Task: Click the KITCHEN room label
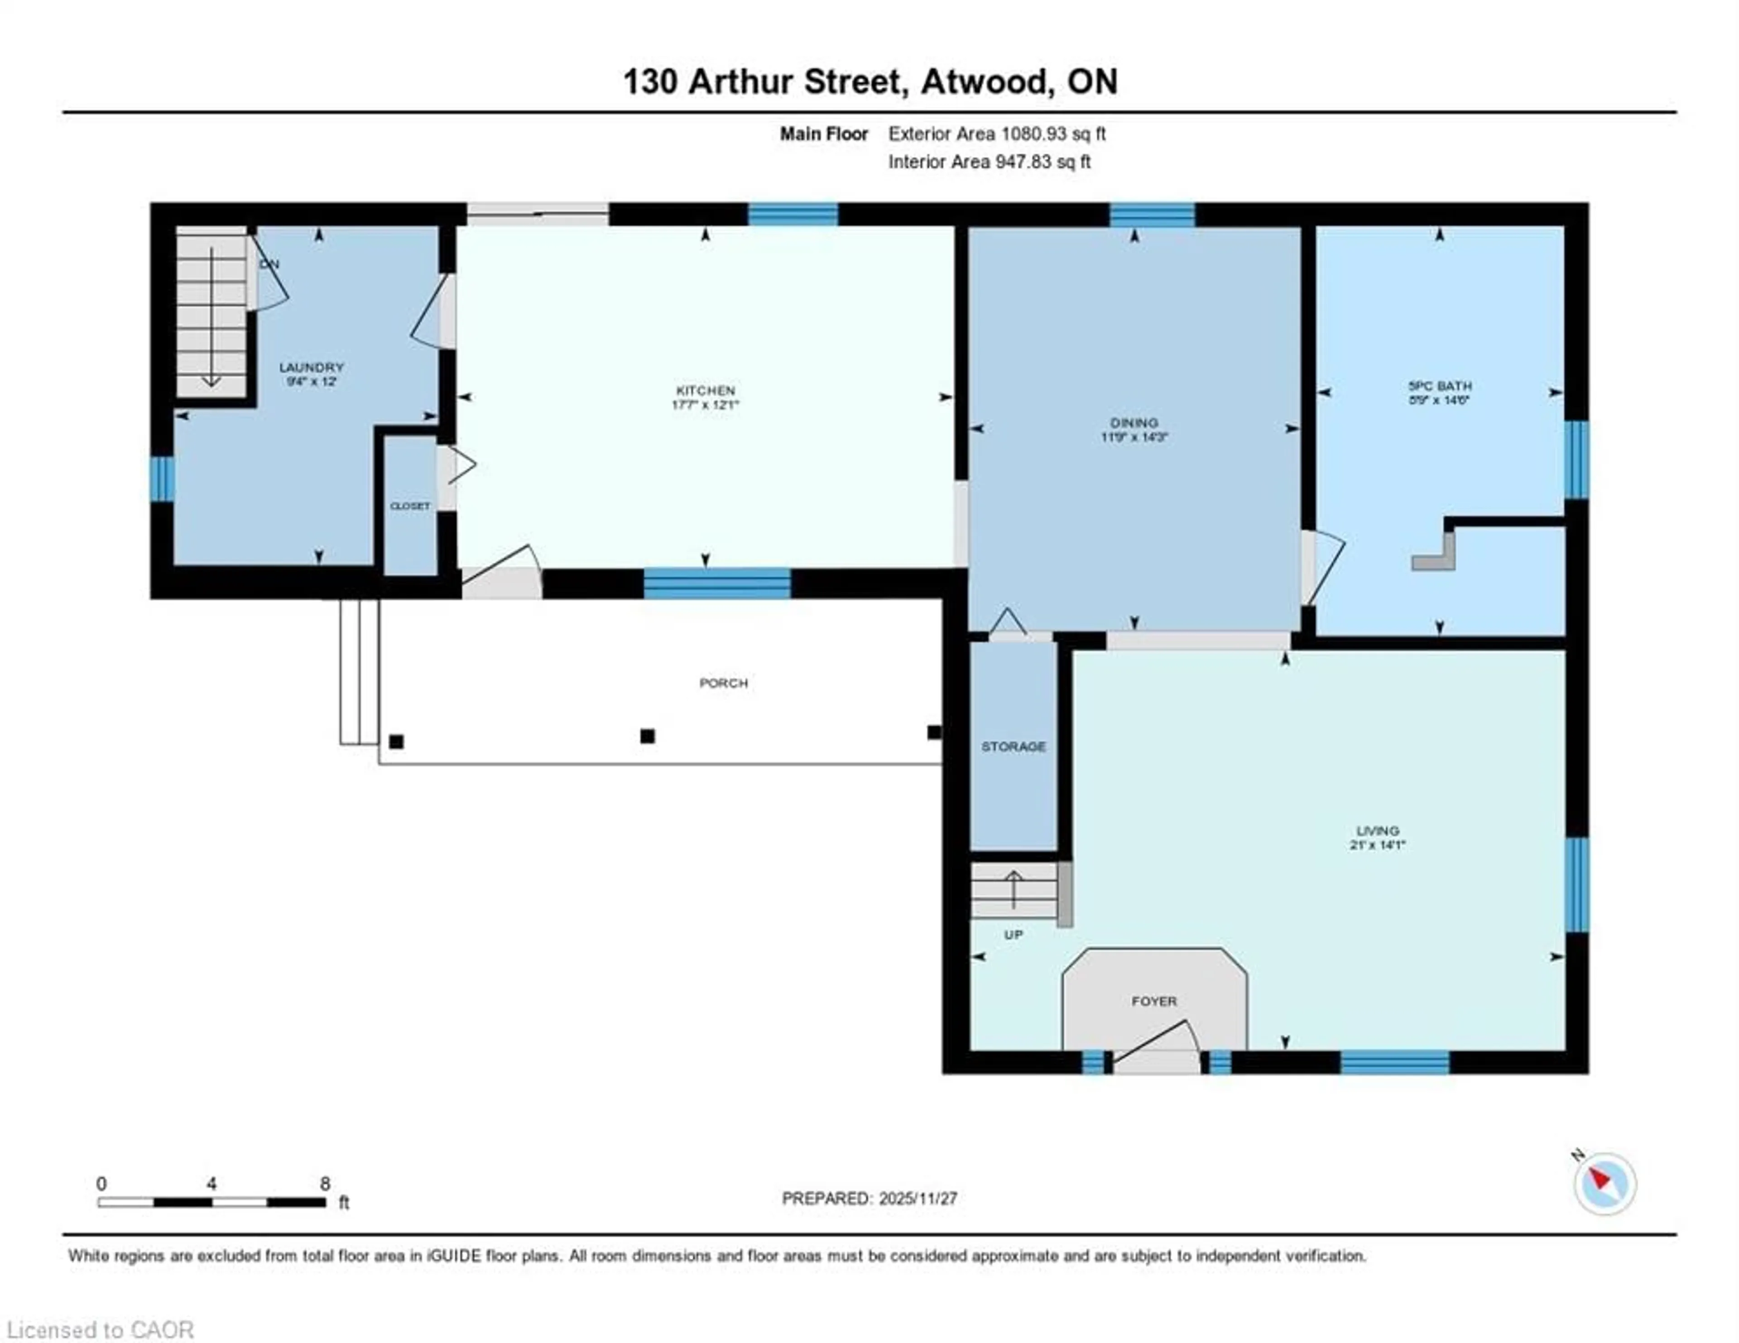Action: [x=705, y=390]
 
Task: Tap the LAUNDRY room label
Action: [x=311, y=367]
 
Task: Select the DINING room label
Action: [x=1134, y=423]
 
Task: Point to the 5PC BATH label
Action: [x=1440, y=385]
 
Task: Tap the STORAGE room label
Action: [x=1013, y=746]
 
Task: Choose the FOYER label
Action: [x=1154, y=1001]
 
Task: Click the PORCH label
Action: [x=723, y=682]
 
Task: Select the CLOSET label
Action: [x=410, y=506]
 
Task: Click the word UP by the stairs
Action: [x=1013, y=935]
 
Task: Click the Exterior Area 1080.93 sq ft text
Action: [x=997, y=134]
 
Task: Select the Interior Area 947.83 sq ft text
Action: [x=989, y=162]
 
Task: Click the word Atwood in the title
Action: [x=983, y=82]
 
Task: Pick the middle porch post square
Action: [x=647, y=736]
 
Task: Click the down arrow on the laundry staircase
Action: [x=211, y=318]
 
